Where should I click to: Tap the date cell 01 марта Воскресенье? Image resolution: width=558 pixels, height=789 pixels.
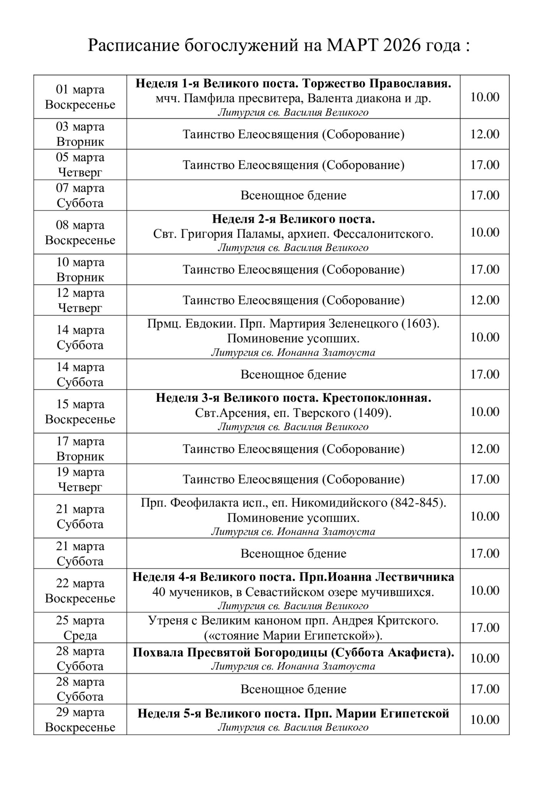pos(80,97)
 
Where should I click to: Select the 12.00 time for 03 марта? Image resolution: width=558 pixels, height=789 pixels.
pos(484,134)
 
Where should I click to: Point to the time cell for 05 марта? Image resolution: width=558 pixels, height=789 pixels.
pos(484,165)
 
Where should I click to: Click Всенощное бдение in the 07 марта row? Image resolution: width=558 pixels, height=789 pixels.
pos(293,195)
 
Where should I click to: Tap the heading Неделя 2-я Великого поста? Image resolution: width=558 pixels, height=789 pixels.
pos(293,220)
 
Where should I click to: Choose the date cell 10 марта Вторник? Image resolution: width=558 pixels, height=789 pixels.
pos(80,270)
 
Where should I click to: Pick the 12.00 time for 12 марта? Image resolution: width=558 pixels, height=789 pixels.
pos(484,300)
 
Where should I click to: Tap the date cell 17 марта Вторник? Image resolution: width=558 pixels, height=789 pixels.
pos(80,449)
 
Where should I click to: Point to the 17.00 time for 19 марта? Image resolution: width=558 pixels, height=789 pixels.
pos(484,479)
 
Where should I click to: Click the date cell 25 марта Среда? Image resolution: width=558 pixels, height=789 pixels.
pos(80,628)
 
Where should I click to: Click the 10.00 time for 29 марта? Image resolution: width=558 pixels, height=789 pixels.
pos(484,720)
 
